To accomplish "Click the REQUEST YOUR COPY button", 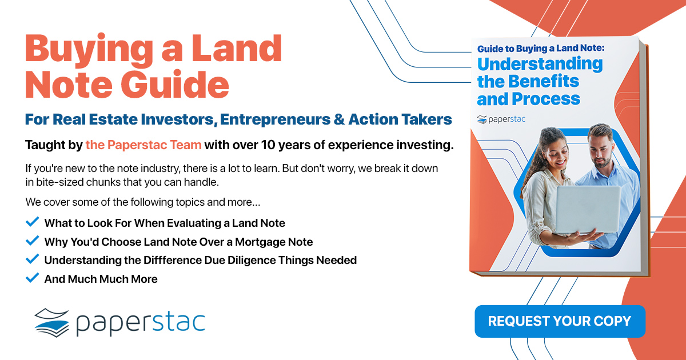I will [x=560, y=321].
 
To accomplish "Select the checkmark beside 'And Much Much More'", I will [x=32, y=278].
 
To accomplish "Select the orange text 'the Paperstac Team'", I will [x=143, y=145].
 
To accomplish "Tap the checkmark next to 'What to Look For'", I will [x=32, y=222].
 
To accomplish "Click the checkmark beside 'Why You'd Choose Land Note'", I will [x=32, y=241].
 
